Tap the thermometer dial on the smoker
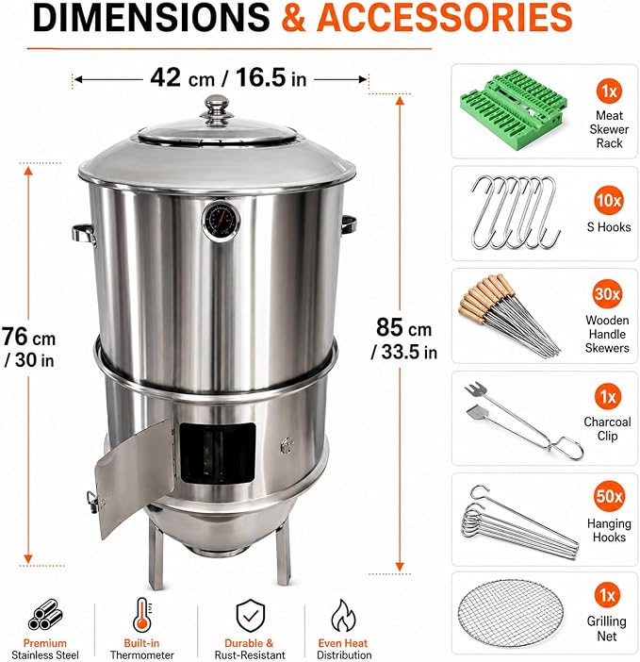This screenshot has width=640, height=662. (222, 221)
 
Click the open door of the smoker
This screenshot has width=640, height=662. (134, 477)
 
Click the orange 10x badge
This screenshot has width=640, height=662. (609, 200)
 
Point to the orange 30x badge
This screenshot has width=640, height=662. (607, 294)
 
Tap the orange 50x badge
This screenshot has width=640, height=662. (609, 496)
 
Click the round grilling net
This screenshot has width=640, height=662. (511, 613)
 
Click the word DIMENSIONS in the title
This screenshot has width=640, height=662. (151, 17)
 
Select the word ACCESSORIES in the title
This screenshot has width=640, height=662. (444, 17)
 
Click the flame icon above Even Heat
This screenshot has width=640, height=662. (343, 616)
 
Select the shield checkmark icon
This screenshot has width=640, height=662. (250, 616)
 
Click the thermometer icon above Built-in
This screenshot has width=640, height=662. (142, 615)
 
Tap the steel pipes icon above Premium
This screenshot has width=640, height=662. (45, 614)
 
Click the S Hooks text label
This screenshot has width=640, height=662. (609, 227)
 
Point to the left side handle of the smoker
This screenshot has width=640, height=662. (84, 234)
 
